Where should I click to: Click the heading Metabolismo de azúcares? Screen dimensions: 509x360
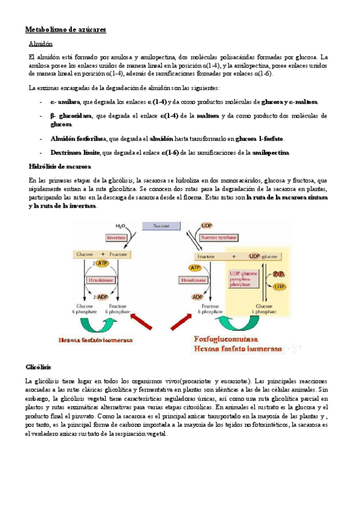click(65, 29)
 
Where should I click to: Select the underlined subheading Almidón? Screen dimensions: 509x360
click(41, 44)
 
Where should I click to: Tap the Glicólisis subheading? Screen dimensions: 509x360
click(38, 366)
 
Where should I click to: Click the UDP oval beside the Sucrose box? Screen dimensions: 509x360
click(207, 226)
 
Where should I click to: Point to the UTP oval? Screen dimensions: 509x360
click(279, 287)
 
